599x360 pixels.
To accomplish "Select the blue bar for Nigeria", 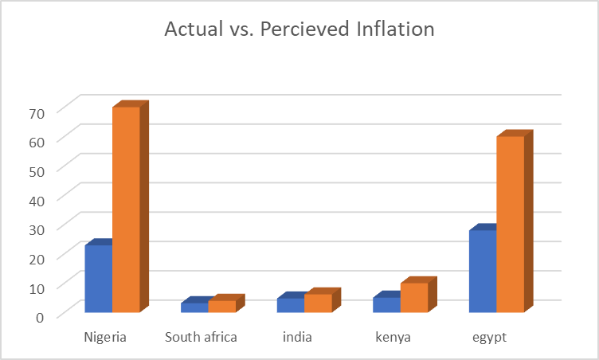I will click(x=98, y=278).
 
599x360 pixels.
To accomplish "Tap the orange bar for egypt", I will click(x=510, y=224).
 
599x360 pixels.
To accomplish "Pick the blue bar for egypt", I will click(x=482, y=271).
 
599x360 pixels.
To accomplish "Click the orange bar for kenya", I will click(x=414, y=297).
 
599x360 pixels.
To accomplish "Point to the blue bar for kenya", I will click(x=386, y=304).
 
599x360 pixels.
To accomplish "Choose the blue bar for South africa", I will click(x=194, y=307).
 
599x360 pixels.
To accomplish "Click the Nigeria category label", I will click(x=105, y=337).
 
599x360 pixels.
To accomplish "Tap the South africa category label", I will click(x=201, y=337).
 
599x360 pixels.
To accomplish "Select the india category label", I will click(x=297, y=337).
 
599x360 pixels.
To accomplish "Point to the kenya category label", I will click(x=393, y=337).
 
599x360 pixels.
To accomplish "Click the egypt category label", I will click(x=489, y=337).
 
